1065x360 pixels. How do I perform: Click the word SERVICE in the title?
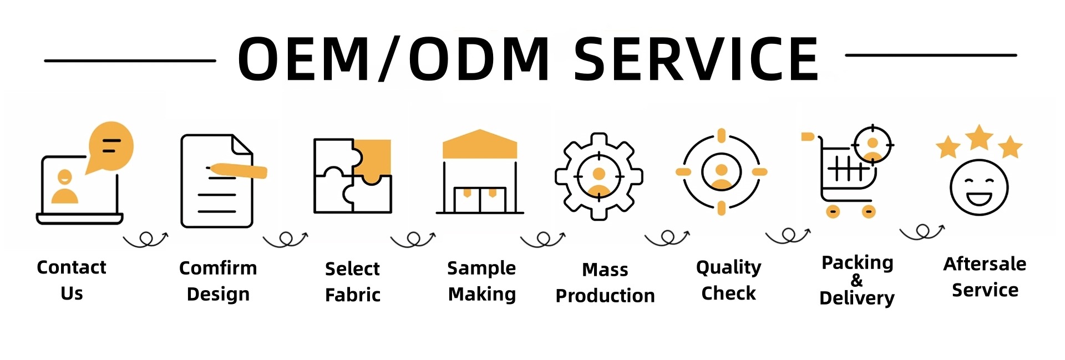[696, 59]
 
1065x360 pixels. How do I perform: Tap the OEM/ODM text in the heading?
[393, 59]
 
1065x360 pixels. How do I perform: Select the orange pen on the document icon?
[237, 171]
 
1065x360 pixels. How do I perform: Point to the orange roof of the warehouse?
[480, 144]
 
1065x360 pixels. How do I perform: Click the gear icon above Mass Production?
[599, 176]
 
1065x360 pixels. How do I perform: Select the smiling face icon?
[979, 187]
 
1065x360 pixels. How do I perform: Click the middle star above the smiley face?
[979, 137]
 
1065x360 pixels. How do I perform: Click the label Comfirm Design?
[218, 281]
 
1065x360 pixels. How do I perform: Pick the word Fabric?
[353, 295]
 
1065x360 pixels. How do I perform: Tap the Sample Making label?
[481, 281]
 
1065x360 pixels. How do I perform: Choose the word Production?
[605, 296]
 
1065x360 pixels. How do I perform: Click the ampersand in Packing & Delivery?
[857, 280]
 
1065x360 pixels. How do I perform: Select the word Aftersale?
[985, 264]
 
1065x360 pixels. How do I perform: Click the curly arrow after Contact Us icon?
[145, 239]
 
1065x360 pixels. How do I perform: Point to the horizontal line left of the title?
[130, 60]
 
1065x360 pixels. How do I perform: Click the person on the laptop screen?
[65, 187]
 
